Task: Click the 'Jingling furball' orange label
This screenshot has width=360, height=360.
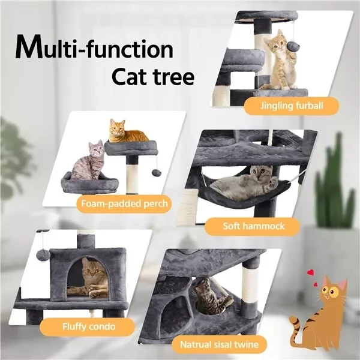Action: tap(292, 107)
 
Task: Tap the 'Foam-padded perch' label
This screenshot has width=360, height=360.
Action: tap(124, 203)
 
